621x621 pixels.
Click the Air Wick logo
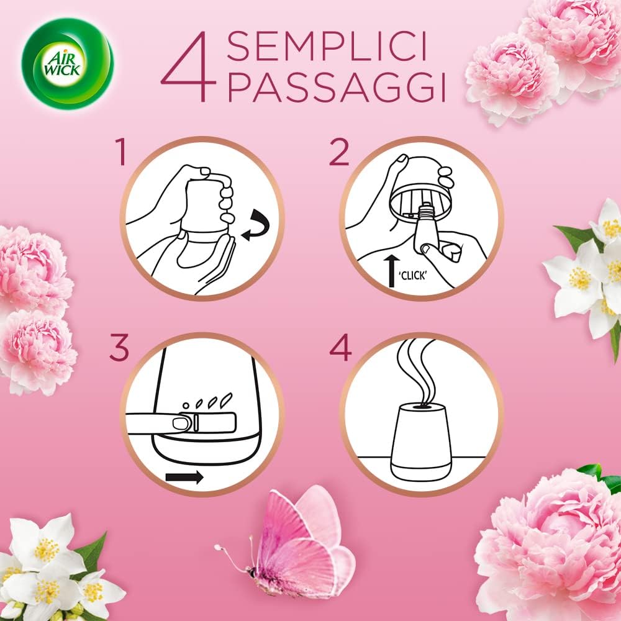coord(67,63)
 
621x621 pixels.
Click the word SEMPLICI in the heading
coord(327,47)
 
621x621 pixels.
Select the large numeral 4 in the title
coord(189,66)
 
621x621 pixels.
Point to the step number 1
coord(120,152)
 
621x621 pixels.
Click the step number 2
coord(339,152)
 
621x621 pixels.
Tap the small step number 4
coord(340,347)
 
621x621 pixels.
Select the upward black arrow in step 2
coord(392,271)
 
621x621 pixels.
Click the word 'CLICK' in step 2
coord(413,276)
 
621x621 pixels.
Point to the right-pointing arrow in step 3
coord(184,477)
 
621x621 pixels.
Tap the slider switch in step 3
coord(205,422)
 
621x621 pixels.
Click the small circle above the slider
coord(186,406)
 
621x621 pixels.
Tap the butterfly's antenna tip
coord(217,547)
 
